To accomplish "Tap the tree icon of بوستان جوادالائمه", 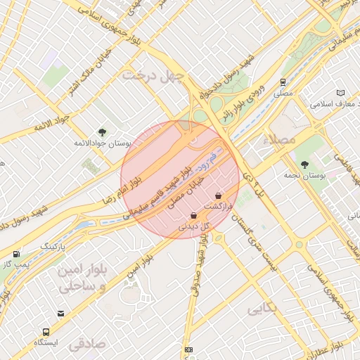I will pos(103,131).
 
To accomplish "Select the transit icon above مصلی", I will pos(283,82).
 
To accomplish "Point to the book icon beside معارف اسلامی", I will pos(341,93).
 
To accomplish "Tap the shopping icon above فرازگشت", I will pos(218,195).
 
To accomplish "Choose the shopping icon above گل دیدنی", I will pos(193,217).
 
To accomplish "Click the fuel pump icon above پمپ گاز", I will pos(16,253).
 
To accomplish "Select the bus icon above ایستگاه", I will pos(46,331).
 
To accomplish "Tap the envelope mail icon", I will pos(60,314).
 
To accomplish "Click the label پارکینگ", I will pos(53,247).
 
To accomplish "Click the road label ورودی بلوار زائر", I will pos(245,106).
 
